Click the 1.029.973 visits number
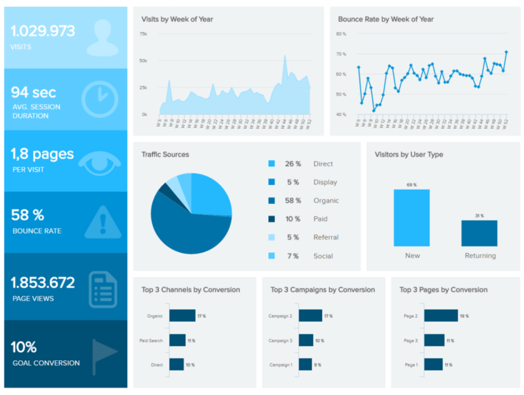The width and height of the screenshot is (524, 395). pos(43,31)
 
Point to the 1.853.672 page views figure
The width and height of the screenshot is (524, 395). pos(43,282)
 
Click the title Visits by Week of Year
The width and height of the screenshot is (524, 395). pos(177,19)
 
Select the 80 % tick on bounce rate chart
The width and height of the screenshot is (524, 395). pos(341,33)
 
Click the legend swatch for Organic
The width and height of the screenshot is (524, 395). pos(272,201)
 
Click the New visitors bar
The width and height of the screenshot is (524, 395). pos(411,217)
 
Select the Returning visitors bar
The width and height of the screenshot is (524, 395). pos(479,233)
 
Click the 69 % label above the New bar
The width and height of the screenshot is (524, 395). pos(411,185)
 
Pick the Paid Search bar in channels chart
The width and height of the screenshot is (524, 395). pos(177,340)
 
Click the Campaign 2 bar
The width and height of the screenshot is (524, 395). pos(310,316)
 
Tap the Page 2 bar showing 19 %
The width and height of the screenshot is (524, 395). pos(441,316)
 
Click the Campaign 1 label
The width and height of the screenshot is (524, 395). pos(280,364)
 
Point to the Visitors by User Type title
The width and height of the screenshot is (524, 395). pos(409,155)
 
